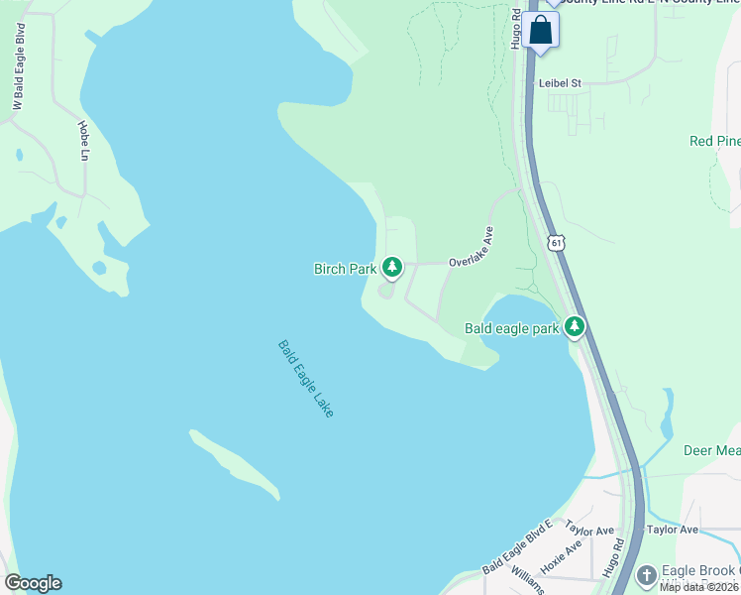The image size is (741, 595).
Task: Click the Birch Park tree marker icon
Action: pos(393,267)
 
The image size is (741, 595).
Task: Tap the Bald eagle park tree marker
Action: pos(575,327)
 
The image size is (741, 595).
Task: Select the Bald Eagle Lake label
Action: pos(305,378)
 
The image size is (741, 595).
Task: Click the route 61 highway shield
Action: pos(557,243)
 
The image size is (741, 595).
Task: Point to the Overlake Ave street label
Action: pos(471,247)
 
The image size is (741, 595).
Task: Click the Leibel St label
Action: pos(559,84)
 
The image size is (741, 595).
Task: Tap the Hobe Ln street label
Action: pos(83,141)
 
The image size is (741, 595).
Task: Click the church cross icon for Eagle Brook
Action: pos(647,575)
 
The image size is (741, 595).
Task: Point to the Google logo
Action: pos(33,583)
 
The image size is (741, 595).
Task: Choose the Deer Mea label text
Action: pos(711,450)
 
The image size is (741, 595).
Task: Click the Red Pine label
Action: pos(714,141)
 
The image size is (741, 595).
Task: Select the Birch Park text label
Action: pos(345,269)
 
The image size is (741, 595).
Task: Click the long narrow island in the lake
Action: pos(234,463)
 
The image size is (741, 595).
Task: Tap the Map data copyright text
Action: pos(699,587)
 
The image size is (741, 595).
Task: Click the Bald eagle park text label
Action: pos(512,328)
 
